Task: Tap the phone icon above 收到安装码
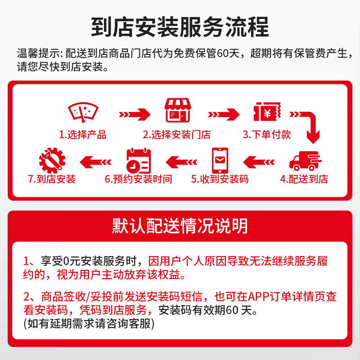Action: (x=220, y=160)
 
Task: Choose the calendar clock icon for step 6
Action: (x=138, y=160)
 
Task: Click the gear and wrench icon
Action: (x=52, y=160)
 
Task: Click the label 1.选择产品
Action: (x=83, y=135)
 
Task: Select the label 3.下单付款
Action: (x=267, y=135)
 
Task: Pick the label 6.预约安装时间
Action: (x=138, y=179)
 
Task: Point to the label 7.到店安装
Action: (x=52, y=179)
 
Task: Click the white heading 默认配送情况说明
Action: (x=180, y=225)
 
